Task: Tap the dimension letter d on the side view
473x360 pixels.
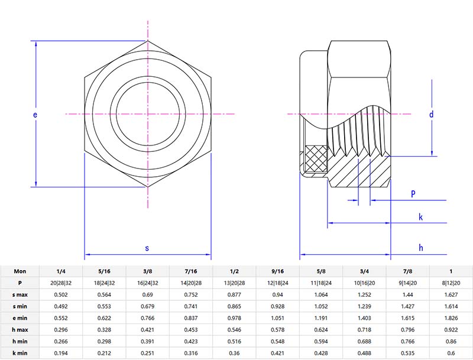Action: click(x=432, y=114)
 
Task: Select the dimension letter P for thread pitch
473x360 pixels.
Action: click(x=413, y=194)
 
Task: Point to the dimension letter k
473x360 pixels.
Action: click(x=420, y=217)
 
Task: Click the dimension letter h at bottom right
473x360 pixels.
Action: click(x=421, y=248)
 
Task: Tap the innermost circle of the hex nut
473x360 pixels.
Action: click(x=147, y=113)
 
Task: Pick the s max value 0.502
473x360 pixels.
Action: click(x=60, y=294)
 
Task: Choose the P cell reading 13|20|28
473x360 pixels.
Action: click(x=234, y=283)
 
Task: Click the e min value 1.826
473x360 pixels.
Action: click(x=451, y=318)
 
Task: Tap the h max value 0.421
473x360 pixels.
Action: click(x=147, y=330)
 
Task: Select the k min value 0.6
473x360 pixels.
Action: click(x=451, y=353)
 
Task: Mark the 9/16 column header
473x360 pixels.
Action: click(x=277, y=271)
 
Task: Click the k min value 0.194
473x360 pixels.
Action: click(x=60, y=353)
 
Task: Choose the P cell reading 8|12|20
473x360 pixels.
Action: click(x=451, y=283)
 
